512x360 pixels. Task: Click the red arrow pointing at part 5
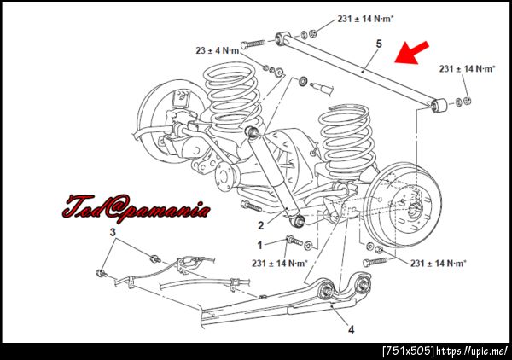coord(411,52)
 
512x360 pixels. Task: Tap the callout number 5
coord(379,44)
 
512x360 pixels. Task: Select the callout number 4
coord(351,329)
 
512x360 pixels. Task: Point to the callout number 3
coord(113,232)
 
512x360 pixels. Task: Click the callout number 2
coord(260,225)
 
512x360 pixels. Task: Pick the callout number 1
coord(260,245)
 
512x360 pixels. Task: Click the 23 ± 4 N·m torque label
coord(218,50)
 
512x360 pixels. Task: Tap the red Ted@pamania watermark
coord(137,208)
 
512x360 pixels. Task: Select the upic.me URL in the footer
coord(472,351)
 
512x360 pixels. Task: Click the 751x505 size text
coord(409,351)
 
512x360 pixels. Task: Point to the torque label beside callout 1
coord(280,263)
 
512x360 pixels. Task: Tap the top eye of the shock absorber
coord(252,131)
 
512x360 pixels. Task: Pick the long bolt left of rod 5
coord(253,44)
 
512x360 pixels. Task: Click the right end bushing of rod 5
coord(439,105)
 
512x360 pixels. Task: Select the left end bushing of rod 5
coord(282,38)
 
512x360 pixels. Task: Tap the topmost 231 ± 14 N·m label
coord(366,19)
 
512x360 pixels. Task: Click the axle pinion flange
coord(225,177)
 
